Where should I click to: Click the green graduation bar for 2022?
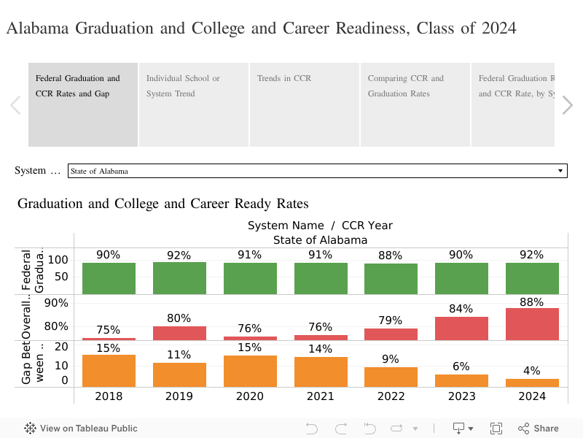391,278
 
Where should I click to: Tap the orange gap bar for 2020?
250,371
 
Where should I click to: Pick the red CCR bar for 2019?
179,333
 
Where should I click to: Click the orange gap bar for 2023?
461,380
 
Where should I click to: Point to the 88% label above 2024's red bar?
532,301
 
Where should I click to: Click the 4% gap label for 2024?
532,371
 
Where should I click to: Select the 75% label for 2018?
109,330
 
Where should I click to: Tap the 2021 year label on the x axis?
321,396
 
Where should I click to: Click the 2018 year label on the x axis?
109,396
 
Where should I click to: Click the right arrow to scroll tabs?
568,105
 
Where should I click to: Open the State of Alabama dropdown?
317,171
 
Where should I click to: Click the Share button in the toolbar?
539,429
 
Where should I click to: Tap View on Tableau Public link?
81,429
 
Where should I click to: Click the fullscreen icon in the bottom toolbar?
496,429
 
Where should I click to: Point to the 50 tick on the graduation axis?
60,277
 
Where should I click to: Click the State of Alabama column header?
320,239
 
